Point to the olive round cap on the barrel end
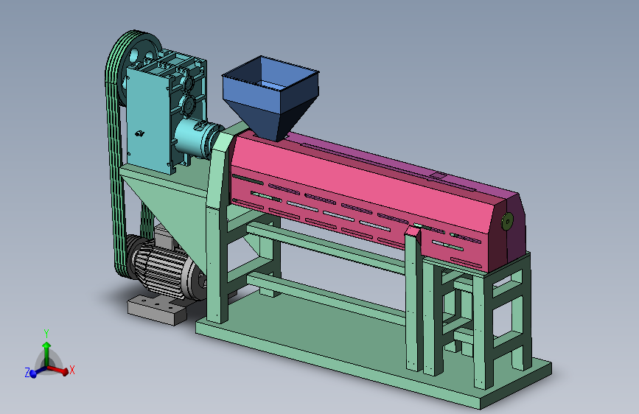tap(507, 221)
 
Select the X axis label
tap(72, 370)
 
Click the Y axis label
tap(46, 334)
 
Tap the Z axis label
tap(27, 373)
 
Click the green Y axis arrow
tap(46, 354)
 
